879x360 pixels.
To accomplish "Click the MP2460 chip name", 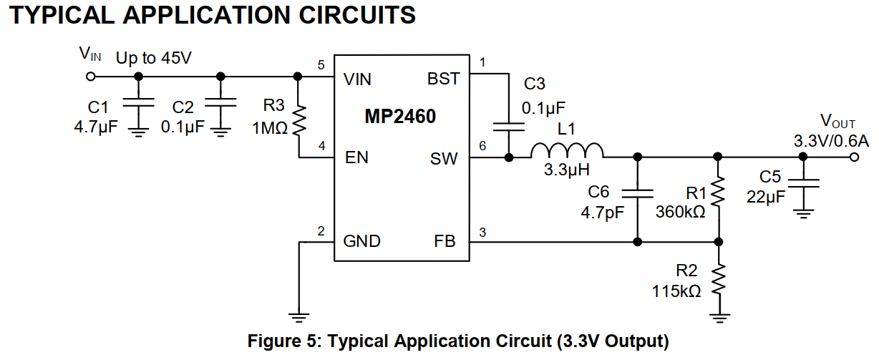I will click(401, 116).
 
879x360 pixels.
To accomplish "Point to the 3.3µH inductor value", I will click(566, 171).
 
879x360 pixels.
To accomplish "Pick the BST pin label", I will click(443, 79).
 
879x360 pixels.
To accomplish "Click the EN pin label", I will click(356, 157).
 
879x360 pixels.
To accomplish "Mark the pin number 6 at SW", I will click(482, 145).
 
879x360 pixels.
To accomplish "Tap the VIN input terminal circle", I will click(91, 76).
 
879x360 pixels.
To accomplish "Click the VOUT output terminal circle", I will click(854, 157).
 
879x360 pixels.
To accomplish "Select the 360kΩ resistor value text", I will click(681, 212).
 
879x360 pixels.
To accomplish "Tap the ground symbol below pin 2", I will click(300, 315).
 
